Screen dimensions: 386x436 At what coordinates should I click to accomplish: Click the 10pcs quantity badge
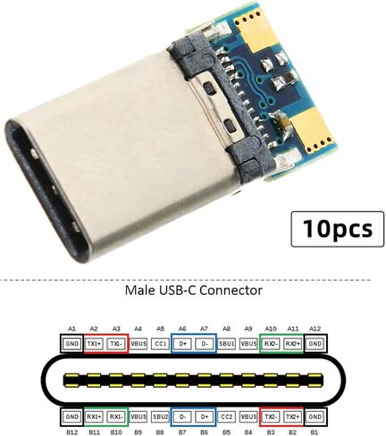pyautogui.click(x=337, y=229)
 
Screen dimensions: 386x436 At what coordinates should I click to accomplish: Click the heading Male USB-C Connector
pyautogui.click(x=194, y=290)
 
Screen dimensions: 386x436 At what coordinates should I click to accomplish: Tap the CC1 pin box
pyautogui.click(x=160, y=344)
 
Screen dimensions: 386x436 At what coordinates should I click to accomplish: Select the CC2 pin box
pyautogui.click(x=226, y=416)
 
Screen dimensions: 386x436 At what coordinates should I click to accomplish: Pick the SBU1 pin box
pyautogui.click(x=226, y=344)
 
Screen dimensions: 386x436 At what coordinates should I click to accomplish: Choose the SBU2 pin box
pyautogui.click(x=160, y=416)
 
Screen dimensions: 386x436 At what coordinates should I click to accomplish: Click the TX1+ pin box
pyautogui.click(x=94, y=344)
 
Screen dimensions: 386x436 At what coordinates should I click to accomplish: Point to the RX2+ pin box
pyautogui.click(x=293, y=344)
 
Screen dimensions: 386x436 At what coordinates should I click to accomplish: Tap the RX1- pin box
pyautogui.click(x=116, y=416)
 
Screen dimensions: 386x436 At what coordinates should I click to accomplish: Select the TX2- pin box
pyautogui.click(x=271, y=416)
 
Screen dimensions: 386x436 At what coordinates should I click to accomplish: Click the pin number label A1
pyautogui.click(x=71, y=329)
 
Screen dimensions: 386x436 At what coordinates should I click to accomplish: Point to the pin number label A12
pyautogui.click(x=315, y=329)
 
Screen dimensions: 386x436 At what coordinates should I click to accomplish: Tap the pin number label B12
pyautogui.click(x=71, y=432)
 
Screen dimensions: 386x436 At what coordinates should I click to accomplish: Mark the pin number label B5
pyautogui.click(x=226, y=432)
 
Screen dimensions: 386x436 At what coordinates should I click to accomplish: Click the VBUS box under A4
pyautogui.click(x=138, y=344)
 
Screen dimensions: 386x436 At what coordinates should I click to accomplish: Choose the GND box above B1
pyautogui.click(x=315, y=416)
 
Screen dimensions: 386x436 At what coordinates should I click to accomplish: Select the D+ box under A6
pyautogui.click(x=182, y=344)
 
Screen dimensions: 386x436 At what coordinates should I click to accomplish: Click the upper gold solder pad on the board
pyautogui.click(x=254, y=32)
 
